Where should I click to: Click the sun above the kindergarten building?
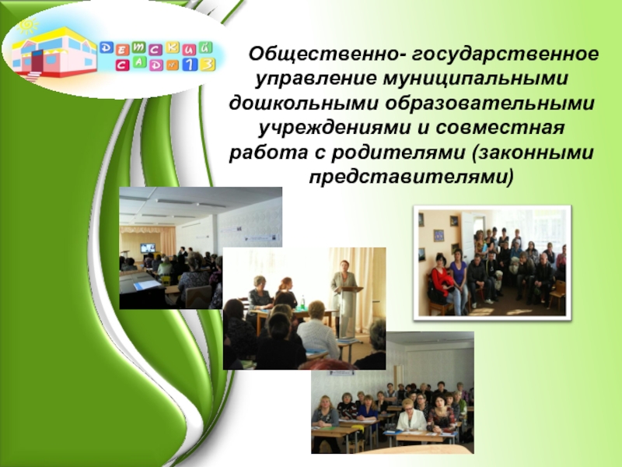click(28, 26)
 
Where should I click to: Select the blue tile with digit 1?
click(190, 65)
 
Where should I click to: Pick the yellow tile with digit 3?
click(208, 65)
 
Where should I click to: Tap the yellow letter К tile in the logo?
click(173, 47)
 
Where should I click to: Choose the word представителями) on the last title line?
click(411, 177)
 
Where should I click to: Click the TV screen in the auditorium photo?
click(148, 248)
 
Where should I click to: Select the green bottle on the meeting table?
click(302, 304)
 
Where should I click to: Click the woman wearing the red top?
click(439, 281)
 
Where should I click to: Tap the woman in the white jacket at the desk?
click(411, 418)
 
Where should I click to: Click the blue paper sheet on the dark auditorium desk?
click(148, 285)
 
